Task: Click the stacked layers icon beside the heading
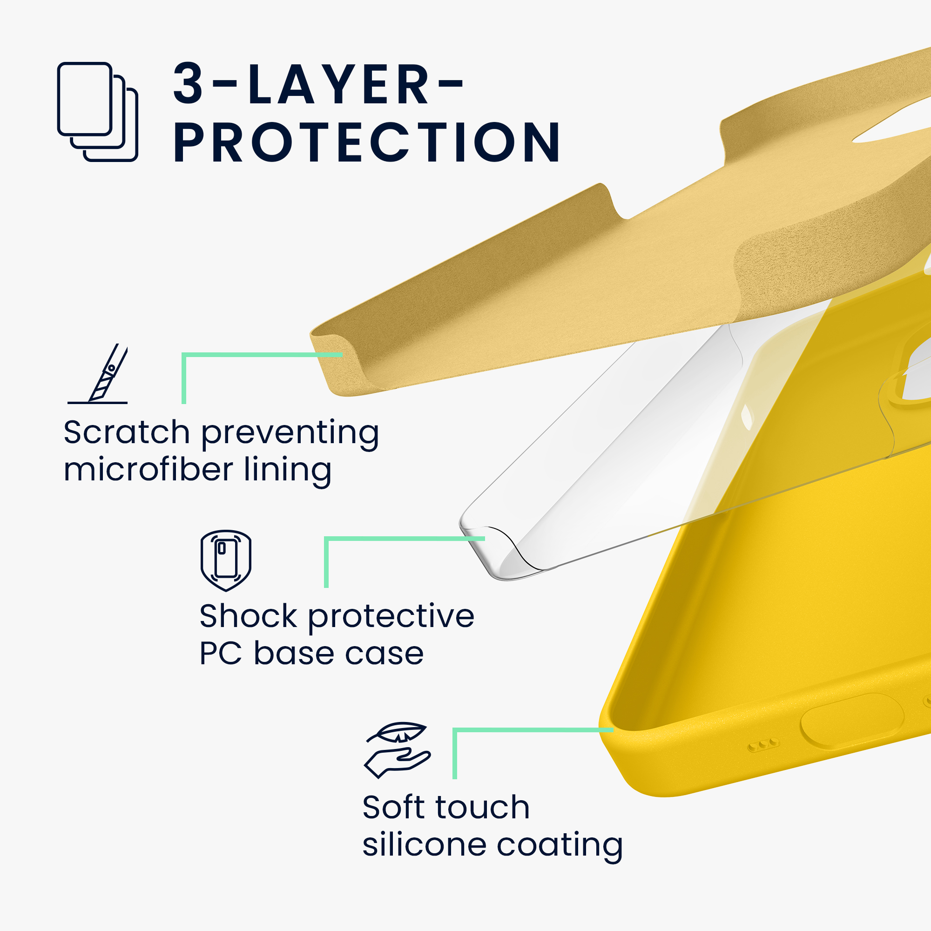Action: pos(98,112)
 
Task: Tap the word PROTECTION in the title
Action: pos(367,142)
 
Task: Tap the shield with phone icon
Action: pos(225,560)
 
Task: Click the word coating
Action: pos(560,847)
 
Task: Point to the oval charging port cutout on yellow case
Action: pos(851,722)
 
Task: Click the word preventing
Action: pos(290,433)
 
